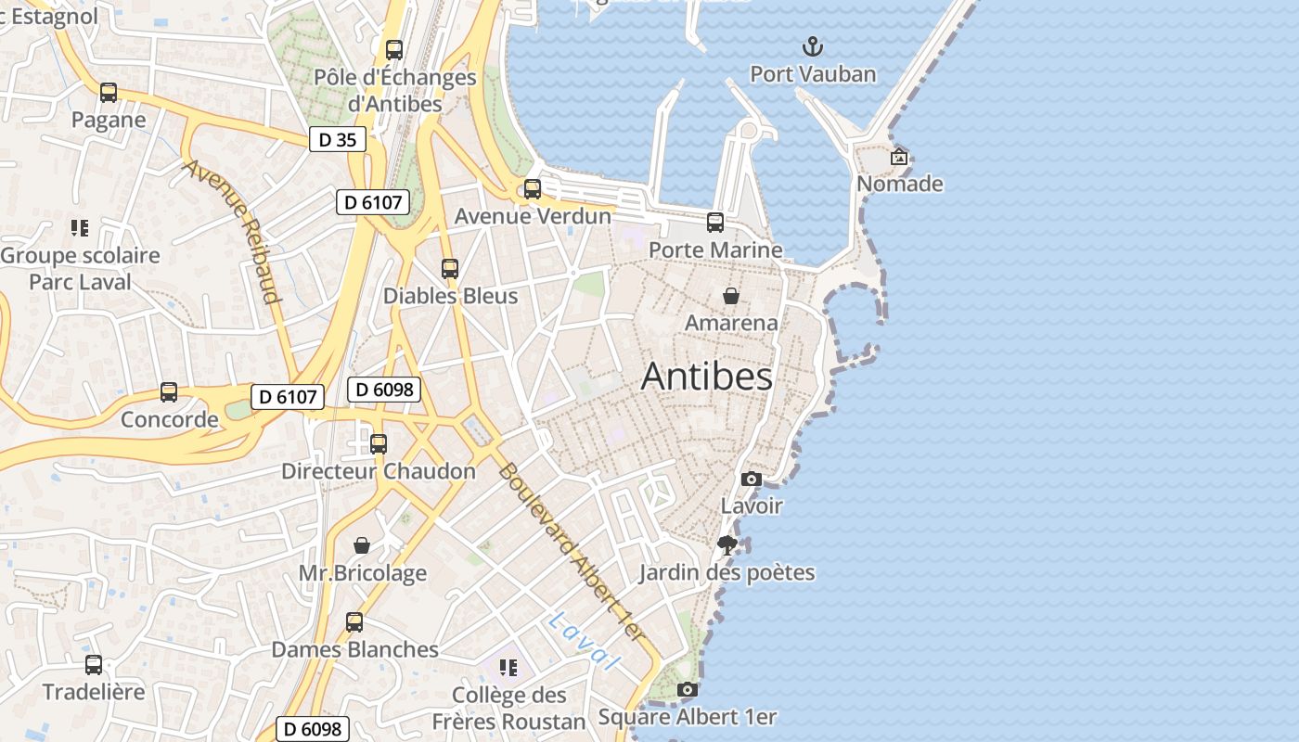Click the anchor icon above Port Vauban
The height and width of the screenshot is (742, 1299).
[x=813, y=46]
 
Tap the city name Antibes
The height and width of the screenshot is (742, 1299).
[x=706, y=377]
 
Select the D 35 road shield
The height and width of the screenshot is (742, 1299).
[x=337, y=140]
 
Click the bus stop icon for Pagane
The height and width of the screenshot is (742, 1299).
[x=109, y=93]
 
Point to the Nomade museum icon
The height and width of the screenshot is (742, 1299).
[x=898, y=157]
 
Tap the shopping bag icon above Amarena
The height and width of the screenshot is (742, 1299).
[x=731, y=296]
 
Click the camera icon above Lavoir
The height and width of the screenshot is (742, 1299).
[x=752, y=480]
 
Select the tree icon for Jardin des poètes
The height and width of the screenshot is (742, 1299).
[x=727, y=545]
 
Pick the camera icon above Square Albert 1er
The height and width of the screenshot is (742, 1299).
[x=687, y=689]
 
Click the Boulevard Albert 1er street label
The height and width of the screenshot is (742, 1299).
[x=571, y=552]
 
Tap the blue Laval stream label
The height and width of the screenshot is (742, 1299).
[x=583, y=641]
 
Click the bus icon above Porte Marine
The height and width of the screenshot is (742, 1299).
[x=714, y=223]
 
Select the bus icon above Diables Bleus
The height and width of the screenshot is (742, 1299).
[x=450, y=269]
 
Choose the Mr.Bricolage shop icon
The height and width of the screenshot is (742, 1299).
[x=362, y=545]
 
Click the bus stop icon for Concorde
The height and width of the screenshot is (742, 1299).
[x=169, y=392]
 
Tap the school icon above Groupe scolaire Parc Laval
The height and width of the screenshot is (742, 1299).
[x=80, y=228]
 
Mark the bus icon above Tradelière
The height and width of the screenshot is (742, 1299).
[x=94, y=665]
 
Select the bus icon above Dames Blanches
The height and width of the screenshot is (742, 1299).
[x=354, y=622]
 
